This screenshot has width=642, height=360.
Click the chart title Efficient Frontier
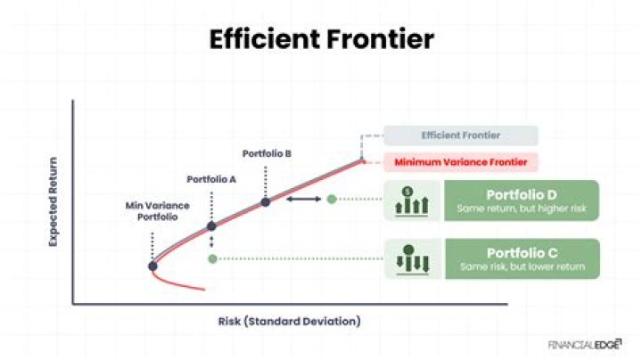point(321,40)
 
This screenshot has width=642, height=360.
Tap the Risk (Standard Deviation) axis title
point(289,321)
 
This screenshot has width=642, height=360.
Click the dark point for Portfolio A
point(211,226)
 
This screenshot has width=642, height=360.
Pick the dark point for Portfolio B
point(265,202)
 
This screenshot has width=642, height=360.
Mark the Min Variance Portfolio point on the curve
point(153,266)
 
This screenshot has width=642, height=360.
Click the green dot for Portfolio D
point(332,199)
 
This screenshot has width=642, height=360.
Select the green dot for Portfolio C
point(211,258)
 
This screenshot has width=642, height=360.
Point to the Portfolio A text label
point(211,179)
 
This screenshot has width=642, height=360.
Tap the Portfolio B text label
point(267,153)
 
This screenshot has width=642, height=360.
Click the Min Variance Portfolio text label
point(153,210)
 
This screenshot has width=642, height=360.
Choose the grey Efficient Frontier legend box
point(461,135)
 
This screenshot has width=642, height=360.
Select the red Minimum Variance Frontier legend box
point(461,162)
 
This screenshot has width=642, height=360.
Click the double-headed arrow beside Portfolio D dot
point(303,199)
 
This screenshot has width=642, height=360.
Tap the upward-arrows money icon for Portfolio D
point(413,202)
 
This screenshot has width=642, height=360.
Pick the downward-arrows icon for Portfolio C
point(413,258)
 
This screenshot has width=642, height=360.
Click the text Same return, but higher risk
point(522,209)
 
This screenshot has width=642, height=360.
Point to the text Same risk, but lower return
point(522,266)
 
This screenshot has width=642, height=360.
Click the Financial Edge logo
point(588,342)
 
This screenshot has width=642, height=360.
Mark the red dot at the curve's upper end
point(362,160)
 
